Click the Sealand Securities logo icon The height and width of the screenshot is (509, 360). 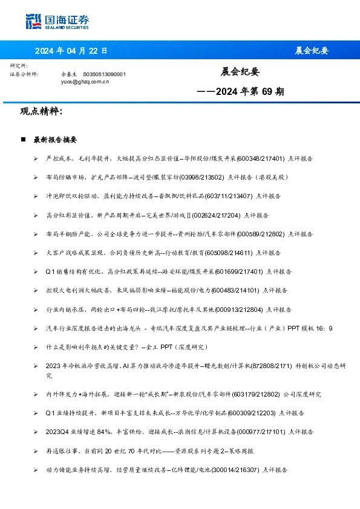coord(34,21)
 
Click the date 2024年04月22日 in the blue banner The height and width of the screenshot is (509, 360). coord(71,51)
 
